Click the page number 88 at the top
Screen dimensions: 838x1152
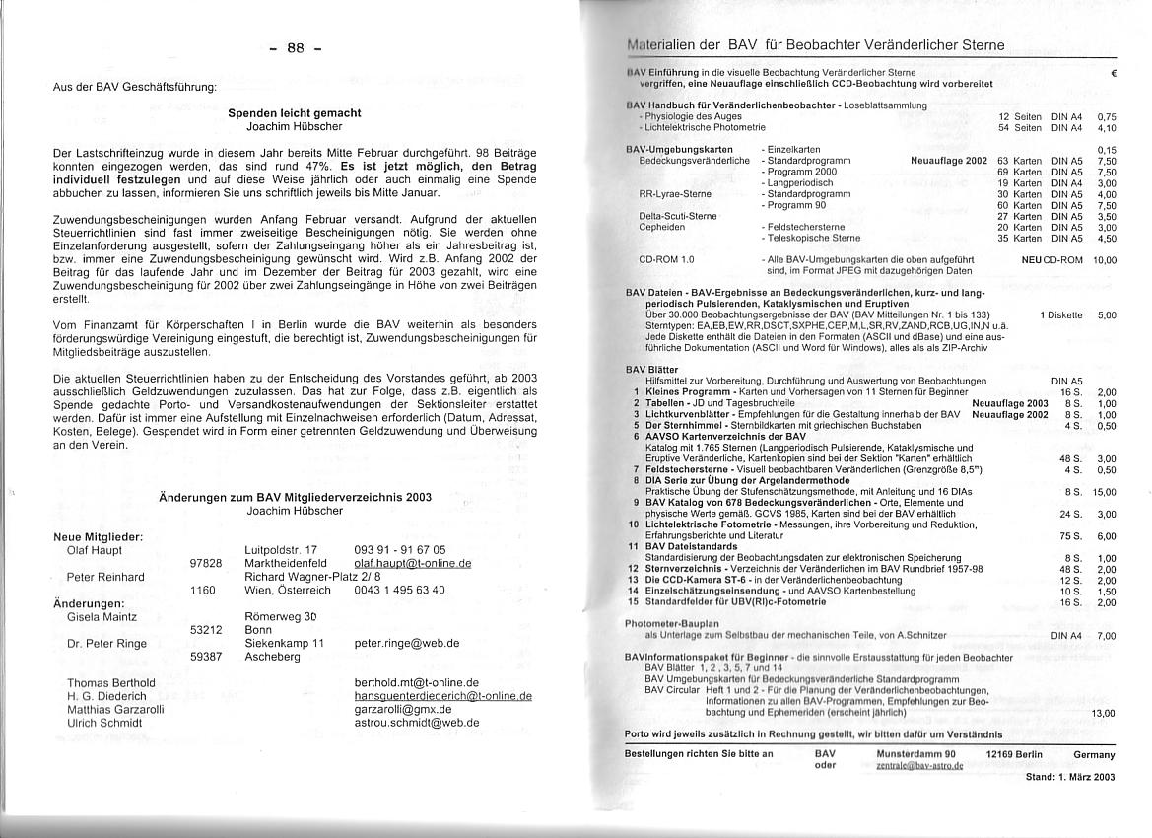pyautogui.click(x=295, y=48)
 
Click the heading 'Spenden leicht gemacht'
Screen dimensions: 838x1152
pyautogui.click(x=295, y=113)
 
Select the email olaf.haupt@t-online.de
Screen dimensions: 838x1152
pyautogui.click(x=412, y=564)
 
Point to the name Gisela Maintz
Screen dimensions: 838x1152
pyautogui.click(x=102, y=617)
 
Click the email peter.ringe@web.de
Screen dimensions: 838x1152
pyautogui.click(x=406, y=644)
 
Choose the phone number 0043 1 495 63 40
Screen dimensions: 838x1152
pyautogui.click(x=399, y=591)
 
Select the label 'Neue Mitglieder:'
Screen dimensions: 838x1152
pyautogui.click(x=99, y=536)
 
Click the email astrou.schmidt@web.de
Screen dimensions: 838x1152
pyautogui.click(x=416, y=723)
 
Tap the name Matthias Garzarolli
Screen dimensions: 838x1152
pyautogui.click(x=115, y=709)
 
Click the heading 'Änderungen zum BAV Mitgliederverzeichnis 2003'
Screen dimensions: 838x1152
pyautogui.click(x=295, y=498)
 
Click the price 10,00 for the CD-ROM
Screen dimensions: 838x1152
pyautogui.click(x=1105, y=260)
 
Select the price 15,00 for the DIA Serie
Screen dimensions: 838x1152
pyautogui.click(x=1105, y=492)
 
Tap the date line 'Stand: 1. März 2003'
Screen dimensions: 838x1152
pyautogui.click(x=1070, y=777)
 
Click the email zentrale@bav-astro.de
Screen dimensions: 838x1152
pyautogui.click(x=919, y=766)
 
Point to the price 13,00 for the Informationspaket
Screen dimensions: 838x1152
pyautogui.click(x=1104, y=713)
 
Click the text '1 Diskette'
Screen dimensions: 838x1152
pyautogui.click(x=1060, y=315)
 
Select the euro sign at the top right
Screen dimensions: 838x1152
pyautogui.click(x=1112, y=73)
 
